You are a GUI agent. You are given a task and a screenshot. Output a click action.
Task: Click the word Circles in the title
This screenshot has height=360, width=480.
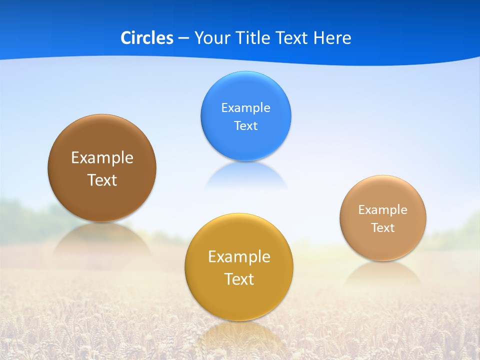pyautogui.click(x=146, y=38)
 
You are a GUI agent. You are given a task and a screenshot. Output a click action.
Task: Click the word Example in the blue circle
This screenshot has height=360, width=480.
pyautogui.click(x=245, y=108)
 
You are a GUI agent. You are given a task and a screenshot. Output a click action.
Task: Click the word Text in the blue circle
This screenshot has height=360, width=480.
pyautogui.click(x=245, y=126)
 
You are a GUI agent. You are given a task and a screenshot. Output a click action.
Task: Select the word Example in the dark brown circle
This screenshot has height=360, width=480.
pyautogui.click(x=102, y=158)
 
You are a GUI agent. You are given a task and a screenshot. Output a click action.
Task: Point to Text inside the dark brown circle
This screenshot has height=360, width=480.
pyautogui.click(x=102, y=180)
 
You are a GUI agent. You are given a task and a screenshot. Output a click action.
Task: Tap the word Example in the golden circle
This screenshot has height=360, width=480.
pyautogui.click(x=239, y=257)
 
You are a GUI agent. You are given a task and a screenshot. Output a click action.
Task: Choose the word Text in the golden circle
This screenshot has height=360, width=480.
pyautogui.click(x=239, y=279)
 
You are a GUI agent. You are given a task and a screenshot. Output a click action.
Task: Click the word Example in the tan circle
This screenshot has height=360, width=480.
pyautogui.click(x=382, y=210)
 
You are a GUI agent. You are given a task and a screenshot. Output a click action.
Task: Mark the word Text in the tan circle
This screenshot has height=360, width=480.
pyautogui.click(x=382, y=228)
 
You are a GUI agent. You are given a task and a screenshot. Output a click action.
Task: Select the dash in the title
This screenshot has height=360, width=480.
pyautogui.click(x=183, y=38)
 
